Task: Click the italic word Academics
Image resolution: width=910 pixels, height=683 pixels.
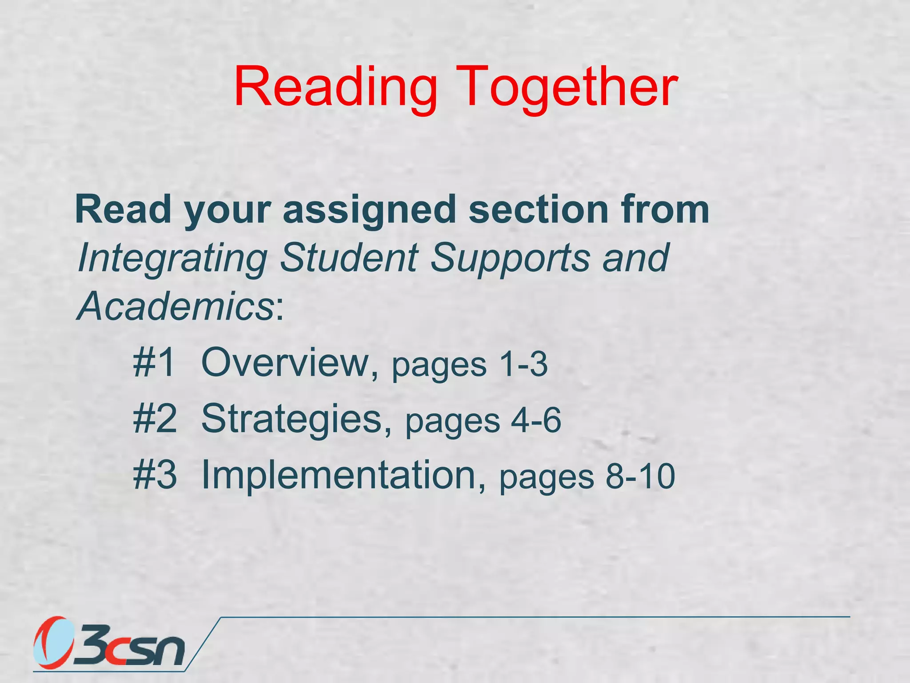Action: pos(176,306)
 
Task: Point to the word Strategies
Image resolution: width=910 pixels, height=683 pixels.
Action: pos(291,419)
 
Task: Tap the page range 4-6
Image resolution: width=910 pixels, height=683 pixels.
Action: pos(536,420)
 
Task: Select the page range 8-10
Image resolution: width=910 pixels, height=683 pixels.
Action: pos(640,476)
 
